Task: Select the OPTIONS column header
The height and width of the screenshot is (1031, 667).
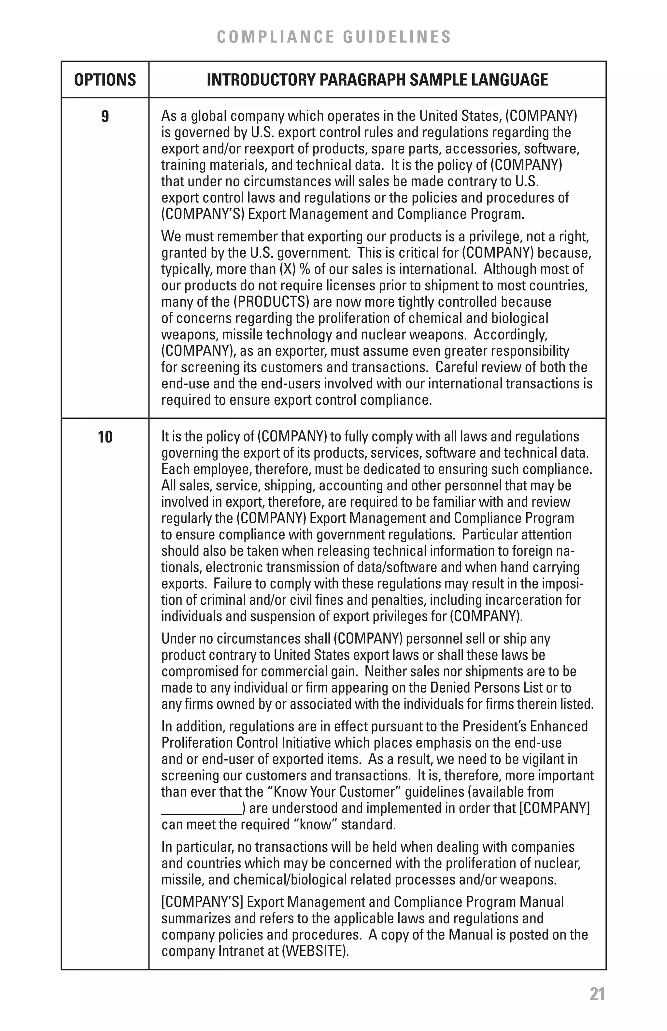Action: tap(105, 80)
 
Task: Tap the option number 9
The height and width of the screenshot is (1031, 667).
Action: tap(105, 117)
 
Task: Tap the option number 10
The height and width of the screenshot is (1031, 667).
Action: tap(105, 437)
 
